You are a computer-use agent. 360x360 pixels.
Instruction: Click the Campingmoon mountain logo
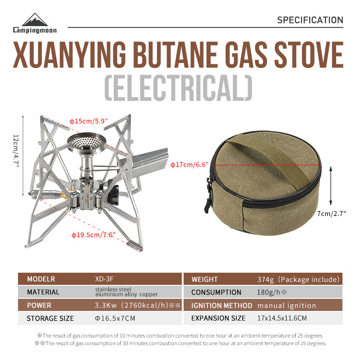click(x=36, y=20)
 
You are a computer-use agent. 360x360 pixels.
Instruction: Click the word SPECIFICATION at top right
click(x=310, y=20)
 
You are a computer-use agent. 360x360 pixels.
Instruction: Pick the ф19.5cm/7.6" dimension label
click(x=94, y=234)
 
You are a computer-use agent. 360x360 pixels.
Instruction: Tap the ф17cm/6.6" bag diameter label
click(x=190, y=165)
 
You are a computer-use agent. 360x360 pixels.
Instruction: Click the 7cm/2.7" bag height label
click(x=331, y=214)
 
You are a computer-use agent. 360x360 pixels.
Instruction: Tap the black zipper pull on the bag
click(x=208, y=198)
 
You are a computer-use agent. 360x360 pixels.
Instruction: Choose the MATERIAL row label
click(x=43, y=292)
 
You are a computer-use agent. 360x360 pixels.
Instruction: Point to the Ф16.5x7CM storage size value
click(x=115, y=318)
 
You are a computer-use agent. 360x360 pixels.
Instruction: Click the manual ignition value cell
click(x=287, y=305)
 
